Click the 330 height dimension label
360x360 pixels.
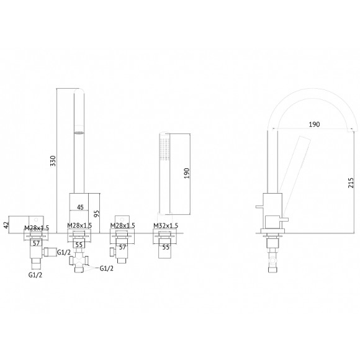(53, 161)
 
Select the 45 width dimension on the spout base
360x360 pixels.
(80, 207)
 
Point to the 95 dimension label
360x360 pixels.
(97, 214)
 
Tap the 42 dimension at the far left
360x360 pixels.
(6, 223)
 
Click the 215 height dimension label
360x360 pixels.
(351, 182)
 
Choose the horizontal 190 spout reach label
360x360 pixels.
(314, 124)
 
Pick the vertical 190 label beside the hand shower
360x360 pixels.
(187, 173)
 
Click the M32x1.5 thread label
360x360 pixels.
(166, 226)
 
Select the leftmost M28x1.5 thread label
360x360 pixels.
(37, 228)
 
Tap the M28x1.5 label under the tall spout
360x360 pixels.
(79, 225)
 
